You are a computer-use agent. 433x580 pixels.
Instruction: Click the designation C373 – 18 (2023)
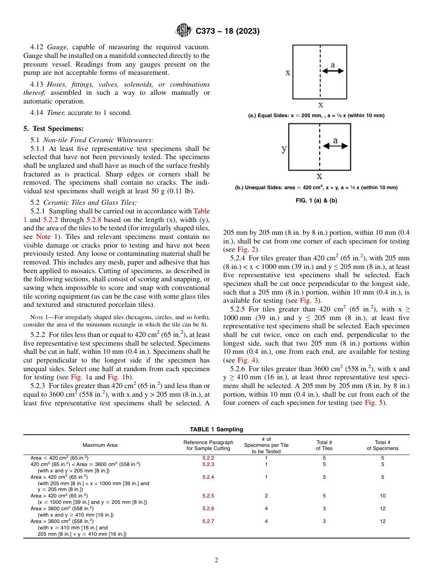pos(227,31)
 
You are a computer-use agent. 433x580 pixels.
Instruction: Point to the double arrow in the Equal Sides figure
pos(333,72)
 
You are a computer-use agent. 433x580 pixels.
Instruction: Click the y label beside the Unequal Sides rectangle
pos(284,149)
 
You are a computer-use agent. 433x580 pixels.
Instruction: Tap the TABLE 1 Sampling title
pos(216,429)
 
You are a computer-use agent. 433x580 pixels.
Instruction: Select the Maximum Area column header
pos(100,445)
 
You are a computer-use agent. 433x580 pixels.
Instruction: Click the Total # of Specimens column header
pos(382,445)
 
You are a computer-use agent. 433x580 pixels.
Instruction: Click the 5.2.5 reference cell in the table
pos(208,496)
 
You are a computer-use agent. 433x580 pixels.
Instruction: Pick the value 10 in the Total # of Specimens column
pos(382,496)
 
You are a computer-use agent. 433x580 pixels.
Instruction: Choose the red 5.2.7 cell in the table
pos(208,521)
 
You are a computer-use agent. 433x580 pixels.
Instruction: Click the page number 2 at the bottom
pos(216,560)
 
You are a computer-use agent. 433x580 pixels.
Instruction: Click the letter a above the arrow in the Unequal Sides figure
pos(336,141)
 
